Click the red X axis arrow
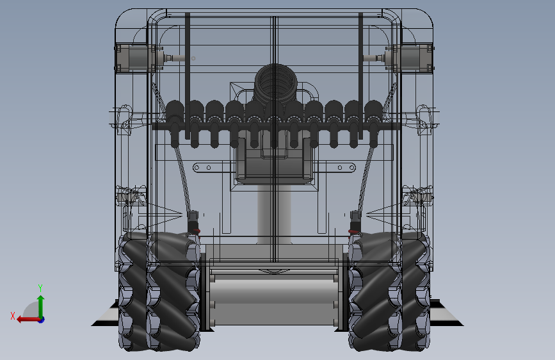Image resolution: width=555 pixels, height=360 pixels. coord(28,320)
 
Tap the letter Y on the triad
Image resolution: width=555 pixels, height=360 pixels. coord(40,288)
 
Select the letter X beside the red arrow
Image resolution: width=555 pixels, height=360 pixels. coord(13,316)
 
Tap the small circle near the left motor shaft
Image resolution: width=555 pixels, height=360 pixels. coord(193,58)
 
